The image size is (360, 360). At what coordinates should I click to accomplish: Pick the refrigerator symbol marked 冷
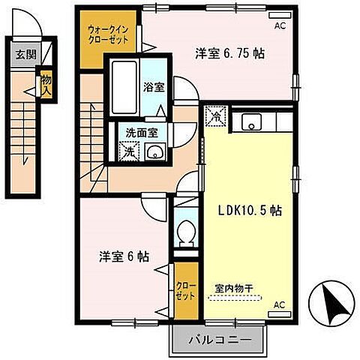click(214, 117)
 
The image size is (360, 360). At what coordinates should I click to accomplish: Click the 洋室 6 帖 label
click(124, 256)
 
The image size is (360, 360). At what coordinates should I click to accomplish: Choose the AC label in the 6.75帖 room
click(280, 25)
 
